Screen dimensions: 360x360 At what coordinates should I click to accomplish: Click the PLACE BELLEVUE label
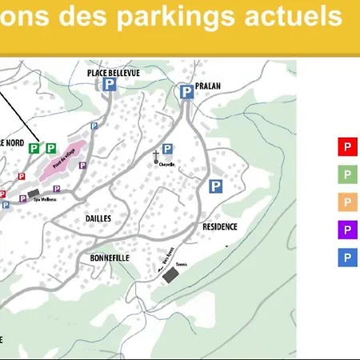pyautogui.click(x=114, y=73)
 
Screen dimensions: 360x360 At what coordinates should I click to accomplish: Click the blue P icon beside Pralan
pyautogui.click(x=186, y=93)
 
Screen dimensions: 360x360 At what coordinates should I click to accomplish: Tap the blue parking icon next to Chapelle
pyautogui.click(x=167, y=149)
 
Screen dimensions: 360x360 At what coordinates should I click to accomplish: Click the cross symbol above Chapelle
pyautogui.click(x=156, y=155)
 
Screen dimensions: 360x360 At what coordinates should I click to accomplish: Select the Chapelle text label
pyautogui.click(x=166, y=164)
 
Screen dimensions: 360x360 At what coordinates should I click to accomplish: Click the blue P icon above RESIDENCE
pyautogui.click(x=215, y=186)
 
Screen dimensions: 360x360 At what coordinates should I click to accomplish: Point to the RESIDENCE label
pyautogui.click(x=220, y=226)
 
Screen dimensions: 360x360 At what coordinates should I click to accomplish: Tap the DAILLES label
pyautogui.click(x=98, y=218)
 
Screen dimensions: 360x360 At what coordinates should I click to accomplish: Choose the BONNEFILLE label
pyautogui.click(x=110, y=258)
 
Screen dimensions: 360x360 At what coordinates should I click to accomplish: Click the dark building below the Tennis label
pyautogui.click(x=170, y=276)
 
